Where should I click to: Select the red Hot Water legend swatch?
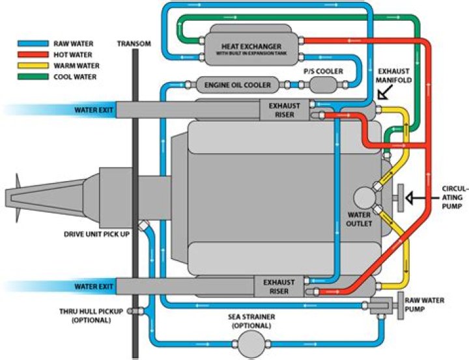(27, 55)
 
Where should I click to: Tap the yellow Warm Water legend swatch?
(27, 66)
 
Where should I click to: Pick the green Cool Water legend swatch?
(27, 76)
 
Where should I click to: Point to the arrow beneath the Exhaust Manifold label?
(384, 95)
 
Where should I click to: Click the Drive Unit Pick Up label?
(97, 233)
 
